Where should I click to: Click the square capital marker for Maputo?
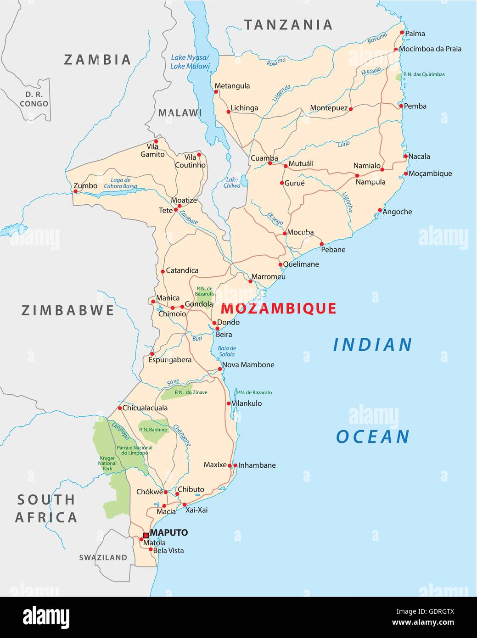point(146,535)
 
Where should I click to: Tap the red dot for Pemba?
point(401,106)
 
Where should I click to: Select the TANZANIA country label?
point(288,25)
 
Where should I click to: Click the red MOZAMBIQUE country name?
point(279,308)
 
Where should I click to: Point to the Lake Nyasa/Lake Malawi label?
point(190,62)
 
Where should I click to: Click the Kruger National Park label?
point(107,463)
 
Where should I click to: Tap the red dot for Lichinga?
point(228,112)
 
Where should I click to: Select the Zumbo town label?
point(86,186)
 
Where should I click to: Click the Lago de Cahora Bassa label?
point(120,183)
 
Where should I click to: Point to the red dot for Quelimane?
point(280,265)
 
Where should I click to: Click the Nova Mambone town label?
point(248,365)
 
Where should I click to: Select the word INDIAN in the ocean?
point(372,345)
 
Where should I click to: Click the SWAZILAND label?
point(103,558)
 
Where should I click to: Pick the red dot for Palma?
point(402,33)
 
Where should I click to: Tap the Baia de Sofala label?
point(227,351)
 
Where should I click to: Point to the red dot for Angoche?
point(380,210)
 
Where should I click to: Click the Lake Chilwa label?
point(232,183)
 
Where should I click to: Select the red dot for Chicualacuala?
point(120,408)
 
